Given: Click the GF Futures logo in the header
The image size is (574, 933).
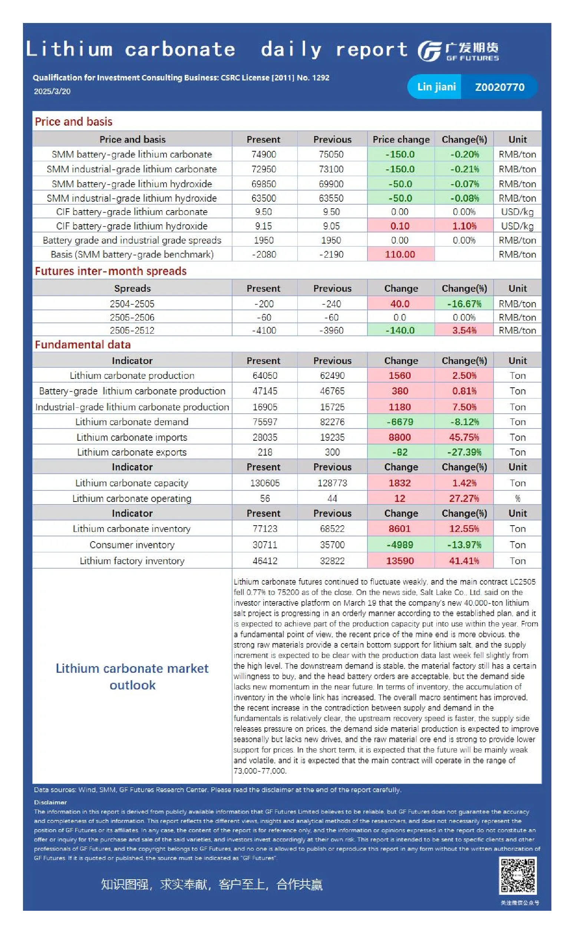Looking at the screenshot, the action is [x=458, y=51].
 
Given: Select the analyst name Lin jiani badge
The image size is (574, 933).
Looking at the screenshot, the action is [x=436, y=87].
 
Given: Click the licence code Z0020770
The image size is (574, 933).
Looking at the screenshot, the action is [x=499, y=87].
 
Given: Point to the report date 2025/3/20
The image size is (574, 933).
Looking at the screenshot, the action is [x=52, y=91].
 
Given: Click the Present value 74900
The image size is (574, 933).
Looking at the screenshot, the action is [x=264, y=155].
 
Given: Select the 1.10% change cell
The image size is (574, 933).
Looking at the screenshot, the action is [x=464, y=226].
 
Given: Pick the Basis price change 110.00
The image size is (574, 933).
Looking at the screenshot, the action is [x=400, y=254].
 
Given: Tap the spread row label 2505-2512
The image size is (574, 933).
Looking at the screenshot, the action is [x=132, y=330].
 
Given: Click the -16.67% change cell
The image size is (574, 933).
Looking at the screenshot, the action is [x=464, y=304].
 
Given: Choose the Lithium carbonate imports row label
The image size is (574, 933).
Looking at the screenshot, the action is [x=132, y=437].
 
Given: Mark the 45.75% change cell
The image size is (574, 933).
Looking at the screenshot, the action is [x=464, y=437].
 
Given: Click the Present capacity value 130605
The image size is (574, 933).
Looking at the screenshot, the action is [x=265, y=483].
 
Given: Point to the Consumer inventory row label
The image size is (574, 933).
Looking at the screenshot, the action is [x=132, y=545].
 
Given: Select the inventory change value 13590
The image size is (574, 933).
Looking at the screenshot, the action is [x=400, y=561].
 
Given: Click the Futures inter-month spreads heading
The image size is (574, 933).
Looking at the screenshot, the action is [x=110, y=271].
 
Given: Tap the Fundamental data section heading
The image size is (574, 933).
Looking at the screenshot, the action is [x=83, y=344].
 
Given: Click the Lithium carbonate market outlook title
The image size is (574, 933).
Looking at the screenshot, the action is [x=132, y=677].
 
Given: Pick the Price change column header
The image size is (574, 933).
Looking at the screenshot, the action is [x=401, y=139].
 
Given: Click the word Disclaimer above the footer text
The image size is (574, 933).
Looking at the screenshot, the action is [x=50, y=802].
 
